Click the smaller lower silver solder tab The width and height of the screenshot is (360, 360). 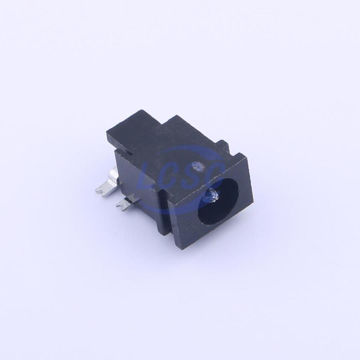[x=126, y=202]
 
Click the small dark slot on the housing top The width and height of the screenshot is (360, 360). [x=130, y=152]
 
